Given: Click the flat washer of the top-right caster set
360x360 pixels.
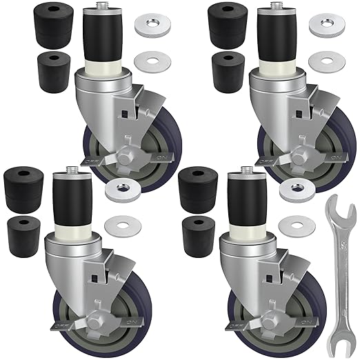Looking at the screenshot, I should (x=323, y=60).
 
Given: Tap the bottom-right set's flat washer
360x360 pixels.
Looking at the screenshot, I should (x=295, y=224).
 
